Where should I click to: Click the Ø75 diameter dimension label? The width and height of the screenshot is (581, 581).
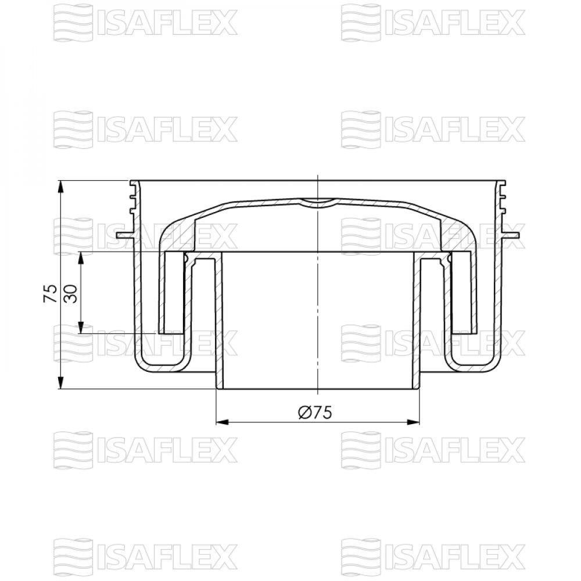pyautogui.click(x=315, y=413)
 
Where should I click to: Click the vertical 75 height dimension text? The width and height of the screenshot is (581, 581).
pyautogui.click(x=51, y=293)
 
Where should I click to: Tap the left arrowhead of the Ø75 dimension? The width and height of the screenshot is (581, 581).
pyautogui.click(x=223, y=422)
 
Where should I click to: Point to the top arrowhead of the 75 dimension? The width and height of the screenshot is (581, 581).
pyautogui.click(x=61, y=187)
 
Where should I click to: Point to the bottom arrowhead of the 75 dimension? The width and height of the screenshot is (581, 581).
pyautogui.click(x=61, y=382)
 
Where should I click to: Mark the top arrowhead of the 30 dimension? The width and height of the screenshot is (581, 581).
pyautogui.click(x=82, y=259)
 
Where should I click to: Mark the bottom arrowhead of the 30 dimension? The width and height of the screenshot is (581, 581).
pyautogui.click(x=82, y=328)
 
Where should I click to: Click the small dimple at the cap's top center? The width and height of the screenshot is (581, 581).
pyautogui.click(x=318, y=202)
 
